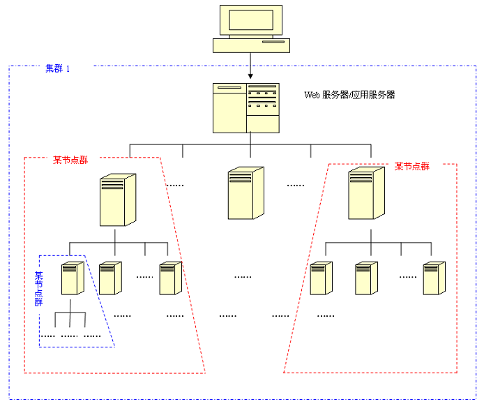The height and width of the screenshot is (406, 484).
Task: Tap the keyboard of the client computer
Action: click(x=250, y=45)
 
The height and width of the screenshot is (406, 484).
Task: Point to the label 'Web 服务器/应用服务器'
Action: click(x=349, y=95)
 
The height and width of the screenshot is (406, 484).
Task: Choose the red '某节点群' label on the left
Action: click(x=70, y=160)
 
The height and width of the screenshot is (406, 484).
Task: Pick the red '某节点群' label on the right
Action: click(x=412, y=166)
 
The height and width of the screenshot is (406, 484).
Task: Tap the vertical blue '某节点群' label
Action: click(x=39, y=290)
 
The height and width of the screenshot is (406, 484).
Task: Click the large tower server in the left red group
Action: click(x=117, y=200)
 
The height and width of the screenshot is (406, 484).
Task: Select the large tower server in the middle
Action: click(x=245, y=193)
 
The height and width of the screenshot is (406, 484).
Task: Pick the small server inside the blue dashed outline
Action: click(x=73, y=278)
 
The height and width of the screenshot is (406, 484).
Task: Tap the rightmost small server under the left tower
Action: click(x=170, y=278)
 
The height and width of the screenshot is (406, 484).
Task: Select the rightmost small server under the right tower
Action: click(x=433, y=278)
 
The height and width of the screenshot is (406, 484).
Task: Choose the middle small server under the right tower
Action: click(x=365, y=278)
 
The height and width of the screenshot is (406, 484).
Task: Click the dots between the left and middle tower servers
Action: click(x=176, y=186)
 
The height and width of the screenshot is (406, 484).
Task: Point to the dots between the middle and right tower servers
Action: click(x=296, y=186)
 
